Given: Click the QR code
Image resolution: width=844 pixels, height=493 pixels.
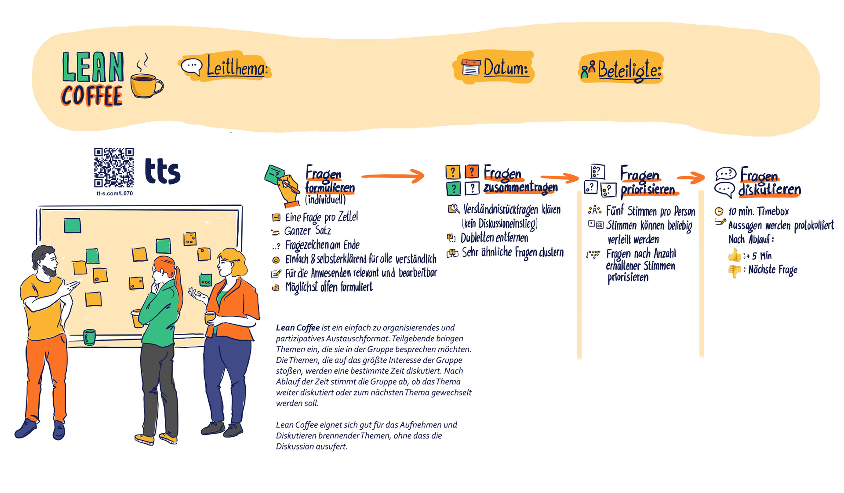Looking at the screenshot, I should (114, 168).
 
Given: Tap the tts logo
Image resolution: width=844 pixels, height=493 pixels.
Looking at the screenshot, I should (163, 172).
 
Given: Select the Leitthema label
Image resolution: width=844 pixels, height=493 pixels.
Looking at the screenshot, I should (237, 68).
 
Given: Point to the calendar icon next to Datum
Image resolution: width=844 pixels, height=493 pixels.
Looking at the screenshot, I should (471, 68).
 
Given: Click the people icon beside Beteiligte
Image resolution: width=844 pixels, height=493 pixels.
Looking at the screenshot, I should (588, 69).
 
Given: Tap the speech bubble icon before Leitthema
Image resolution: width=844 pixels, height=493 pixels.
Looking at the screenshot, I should (192, 66).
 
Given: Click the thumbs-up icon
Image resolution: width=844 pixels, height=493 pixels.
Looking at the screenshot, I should (735, 255).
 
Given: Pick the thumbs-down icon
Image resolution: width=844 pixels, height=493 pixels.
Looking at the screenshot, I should (735, 270).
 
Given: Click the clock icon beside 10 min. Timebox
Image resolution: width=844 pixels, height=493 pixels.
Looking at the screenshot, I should (719, 212).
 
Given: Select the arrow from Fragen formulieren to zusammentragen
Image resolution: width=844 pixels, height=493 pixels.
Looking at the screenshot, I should (393, 176).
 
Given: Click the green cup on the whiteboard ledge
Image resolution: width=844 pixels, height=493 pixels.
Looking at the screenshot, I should (89, 337).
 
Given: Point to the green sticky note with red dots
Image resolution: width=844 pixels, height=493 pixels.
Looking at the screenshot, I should (205, 279).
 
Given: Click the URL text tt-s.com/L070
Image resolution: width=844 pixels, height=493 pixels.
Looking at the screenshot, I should (114, 194).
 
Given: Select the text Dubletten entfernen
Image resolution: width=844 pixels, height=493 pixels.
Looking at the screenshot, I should (494, 238).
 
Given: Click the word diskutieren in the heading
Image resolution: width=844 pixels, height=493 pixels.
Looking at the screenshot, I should (769, 190).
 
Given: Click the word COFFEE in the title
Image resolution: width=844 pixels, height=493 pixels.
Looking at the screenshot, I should (92, 96).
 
